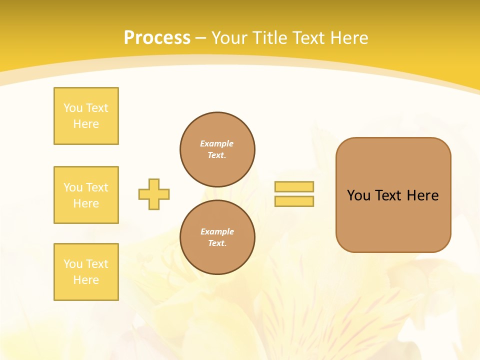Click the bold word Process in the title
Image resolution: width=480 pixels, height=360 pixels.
tap(157, 38)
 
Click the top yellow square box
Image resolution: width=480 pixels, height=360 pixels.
tap(86, 116)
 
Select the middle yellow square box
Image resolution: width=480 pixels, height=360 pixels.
tap(86, 195)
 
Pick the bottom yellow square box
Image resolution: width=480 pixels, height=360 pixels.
tap(86, 272)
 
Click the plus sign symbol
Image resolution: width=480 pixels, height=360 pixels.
tap(154, 194)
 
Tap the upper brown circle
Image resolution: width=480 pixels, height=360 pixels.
tap(217, 149)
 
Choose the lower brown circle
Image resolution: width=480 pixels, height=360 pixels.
tap(217, 237)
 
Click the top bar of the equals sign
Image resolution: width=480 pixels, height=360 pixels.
tap(294, 186)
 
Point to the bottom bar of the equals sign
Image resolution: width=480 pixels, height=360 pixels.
tap(294, 201)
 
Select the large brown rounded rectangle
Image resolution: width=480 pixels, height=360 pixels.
tap(393, 195)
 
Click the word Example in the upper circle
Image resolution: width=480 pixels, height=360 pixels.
tap(217, 143)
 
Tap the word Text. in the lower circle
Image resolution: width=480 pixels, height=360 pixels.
tap(217, 243)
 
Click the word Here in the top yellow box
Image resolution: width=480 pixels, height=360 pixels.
tap(86, 124)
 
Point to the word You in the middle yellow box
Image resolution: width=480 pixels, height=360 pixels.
tap(72, 187)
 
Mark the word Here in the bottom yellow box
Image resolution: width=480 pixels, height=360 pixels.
tap(86, 280)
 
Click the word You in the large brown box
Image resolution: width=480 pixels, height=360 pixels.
tap(359, 195)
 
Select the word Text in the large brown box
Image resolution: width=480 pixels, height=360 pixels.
tap(389, 195)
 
